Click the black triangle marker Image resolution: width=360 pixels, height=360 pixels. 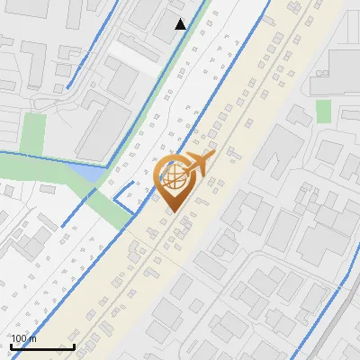(181, 24)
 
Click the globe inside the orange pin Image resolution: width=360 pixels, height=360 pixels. (173, 177)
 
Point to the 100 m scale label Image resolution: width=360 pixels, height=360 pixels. (22, 338)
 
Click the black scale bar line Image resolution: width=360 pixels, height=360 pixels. (42, 346)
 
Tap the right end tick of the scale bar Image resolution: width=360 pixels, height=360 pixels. (74, 345)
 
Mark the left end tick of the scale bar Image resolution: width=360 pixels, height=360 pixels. (11, 345)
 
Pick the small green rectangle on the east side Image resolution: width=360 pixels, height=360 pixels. (323, 111)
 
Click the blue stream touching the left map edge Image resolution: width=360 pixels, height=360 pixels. (27, 155)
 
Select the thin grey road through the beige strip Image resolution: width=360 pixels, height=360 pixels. (225, 162)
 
